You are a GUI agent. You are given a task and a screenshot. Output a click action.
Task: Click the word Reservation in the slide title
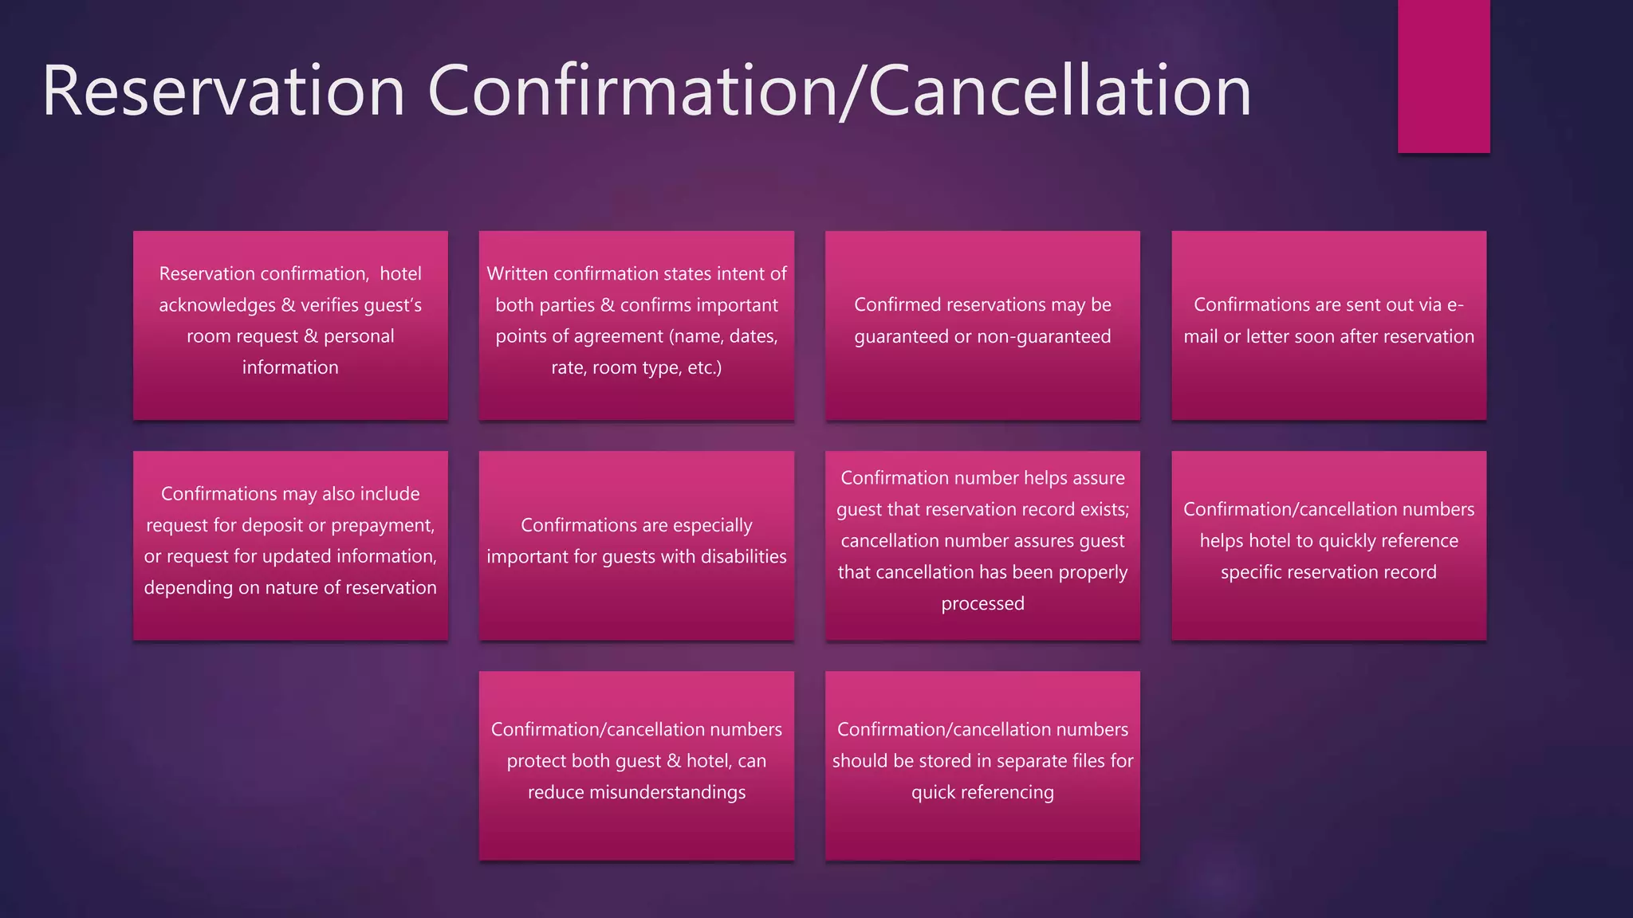pos(223,92)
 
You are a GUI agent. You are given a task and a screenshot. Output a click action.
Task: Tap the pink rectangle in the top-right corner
pos(1443,76)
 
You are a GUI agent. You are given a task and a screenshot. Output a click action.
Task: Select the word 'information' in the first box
pos(290,367)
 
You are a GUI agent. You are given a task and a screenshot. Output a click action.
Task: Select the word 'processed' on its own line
pos(982,603)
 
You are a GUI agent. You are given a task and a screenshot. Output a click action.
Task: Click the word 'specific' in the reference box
pos(1250,572)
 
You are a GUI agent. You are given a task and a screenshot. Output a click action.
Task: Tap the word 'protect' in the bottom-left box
pos(536,761)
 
